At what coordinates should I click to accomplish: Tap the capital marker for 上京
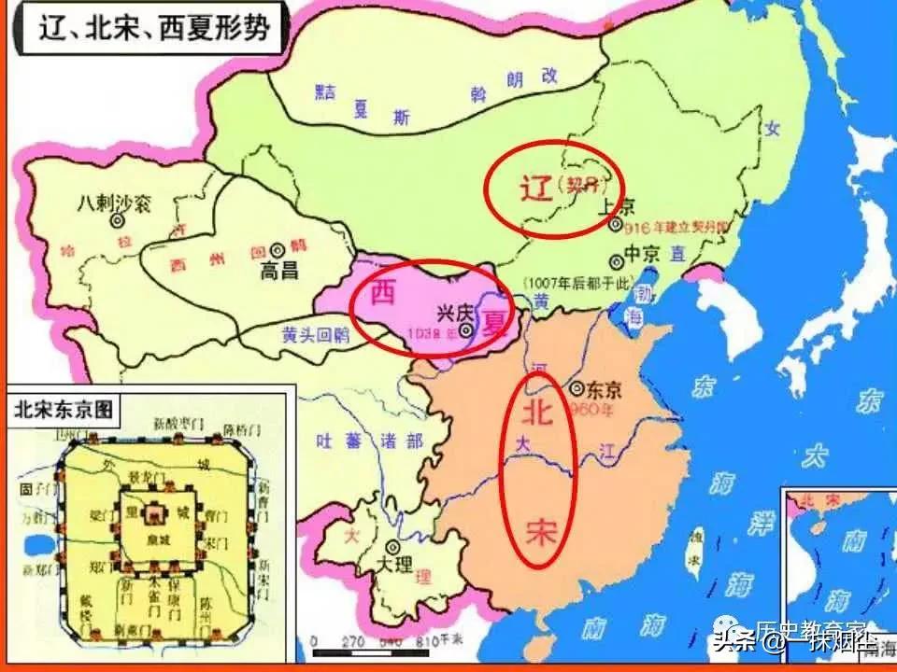point(615,224)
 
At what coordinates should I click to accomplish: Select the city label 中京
point(643,253)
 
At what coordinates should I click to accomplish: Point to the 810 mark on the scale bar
point(426,643)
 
